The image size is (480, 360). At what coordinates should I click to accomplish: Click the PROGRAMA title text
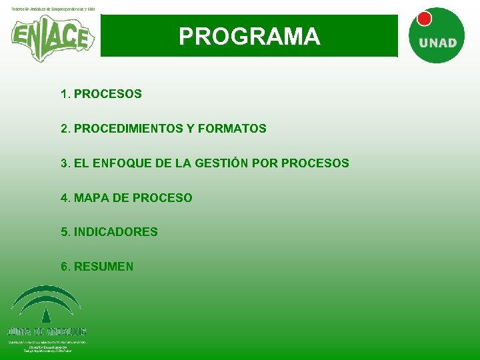[x=249, y=36]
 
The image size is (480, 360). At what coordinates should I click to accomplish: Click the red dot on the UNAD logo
[x=424, y=19]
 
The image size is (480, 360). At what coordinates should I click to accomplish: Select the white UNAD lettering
[x=437, y=43]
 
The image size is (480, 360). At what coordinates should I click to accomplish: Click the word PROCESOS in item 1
[x=107, y=94]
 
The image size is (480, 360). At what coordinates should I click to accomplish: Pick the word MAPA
[x=89, y=198]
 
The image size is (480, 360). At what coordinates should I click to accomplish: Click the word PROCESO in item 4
[x=162, y=198]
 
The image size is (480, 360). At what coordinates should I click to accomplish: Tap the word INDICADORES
[x=115, y=233]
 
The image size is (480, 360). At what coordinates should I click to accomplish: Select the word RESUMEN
[x=103, y=267]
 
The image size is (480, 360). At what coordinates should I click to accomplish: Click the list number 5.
[x=64, y=233]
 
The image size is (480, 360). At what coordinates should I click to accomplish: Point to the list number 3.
[x=64, y=163]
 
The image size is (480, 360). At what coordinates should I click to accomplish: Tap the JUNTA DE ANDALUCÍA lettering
[x=47, y=331]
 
